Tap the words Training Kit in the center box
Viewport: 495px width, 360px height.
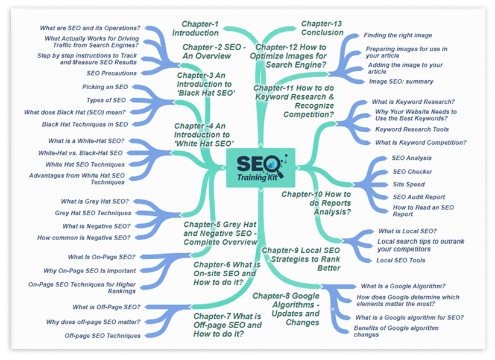(x=257, y=177)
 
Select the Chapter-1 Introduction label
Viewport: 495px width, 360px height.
(x=195, y=28)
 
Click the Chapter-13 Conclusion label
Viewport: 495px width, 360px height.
(x=322, y=28)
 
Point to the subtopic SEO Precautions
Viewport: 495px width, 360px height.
(x=112, y=73)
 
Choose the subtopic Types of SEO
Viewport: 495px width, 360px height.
(x=106, y=100)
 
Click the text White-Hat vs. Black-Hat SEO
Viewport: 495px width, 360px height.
(x=80, y=153)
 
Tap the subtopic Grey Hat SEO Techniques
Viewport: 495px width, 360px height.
(x=93, y=213)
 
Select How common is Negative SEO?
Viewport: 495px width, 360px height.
(x=84, y=238)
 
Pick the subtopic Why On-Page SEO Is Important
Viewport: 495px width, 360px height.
(x=90, y=271)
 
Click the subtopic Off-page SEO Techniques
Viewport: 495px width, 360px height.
(x=102, y=336)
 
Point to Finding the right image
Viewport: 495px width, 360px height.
(x=398, y=36)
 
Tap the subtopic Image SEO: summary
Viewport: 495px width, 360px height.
(x=401, y=81)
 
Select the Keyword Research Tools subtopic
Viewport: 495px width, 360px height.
(x=412, y=130)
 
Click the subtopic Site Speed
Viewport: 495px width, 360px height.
(x=409, y=185)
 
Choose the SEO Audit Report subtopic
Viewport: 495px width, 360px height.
(x=418, y=197)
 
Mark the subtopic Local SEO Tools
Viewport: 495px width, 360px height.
(x=400, y=261)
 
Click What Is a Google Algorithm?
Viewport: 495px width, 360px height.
(x=403, y=286)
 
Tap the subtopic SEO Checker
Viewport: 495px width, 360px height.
(x=412, y=172)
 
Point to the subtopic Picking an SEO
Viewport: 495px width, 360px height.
(x=105, y=87)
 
